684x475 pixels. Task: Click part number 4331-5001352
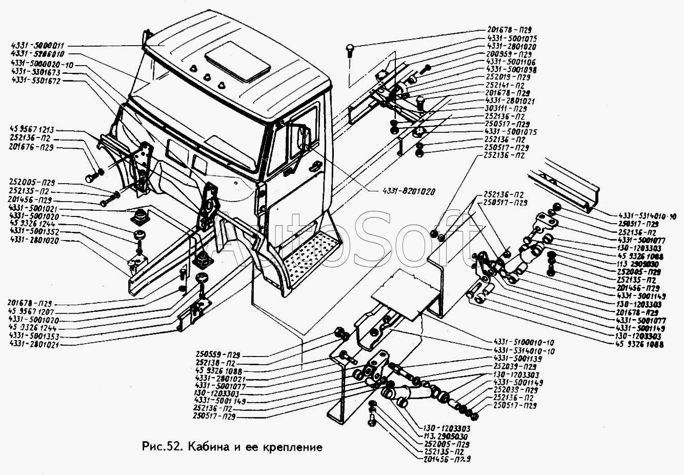point(34,232)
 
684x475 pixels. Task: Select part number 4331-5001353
point(34,337)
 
